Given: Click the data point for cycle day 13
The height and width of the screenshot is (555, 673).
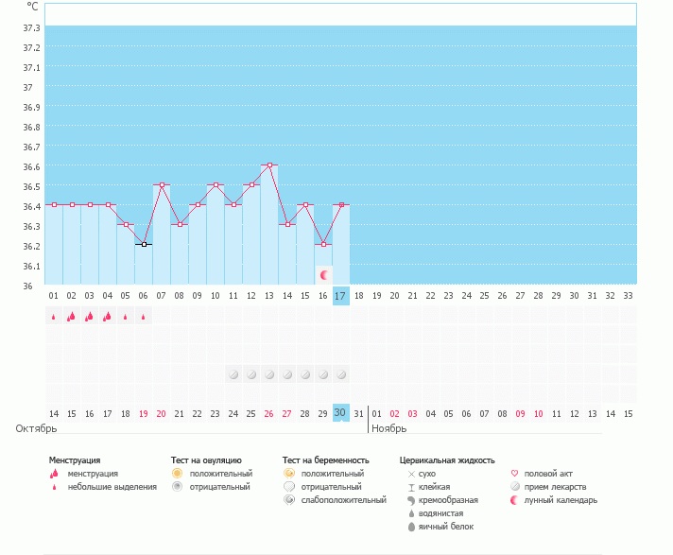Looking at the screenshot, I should pyautogui.click(x=269, y=165).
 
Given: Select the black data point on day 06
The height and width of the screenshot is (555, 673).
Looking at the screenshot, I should pyautogui.click(x=144, y=244).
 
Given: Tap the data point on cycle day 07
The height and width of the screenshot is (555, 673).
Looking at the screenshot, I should pyautogui.click(x=162, y=184).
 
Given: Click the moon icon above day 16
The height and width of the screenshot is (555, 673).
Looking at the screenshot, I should pyautogui.click(x=323, y=274).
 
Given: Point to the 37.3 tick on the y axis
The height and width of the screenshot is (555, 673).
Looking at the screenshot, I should pyautogui.click(x=31, y=47).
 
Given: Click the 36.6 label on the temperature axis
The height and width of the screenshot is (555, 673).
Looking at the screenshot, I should pyautogui.click(x=31, y=166).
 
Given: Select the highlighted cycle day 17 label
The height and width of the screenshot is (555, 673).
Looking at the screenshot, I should pyautogui.click(x=341, y=296).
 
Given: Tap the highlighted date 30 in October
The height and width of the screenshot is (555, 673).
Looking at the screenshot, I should pyautogui.click(x=341, y=412).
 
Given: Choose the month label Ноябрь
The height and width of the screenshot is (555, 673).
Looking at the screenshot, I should pyautogui.click(x=388, y=428).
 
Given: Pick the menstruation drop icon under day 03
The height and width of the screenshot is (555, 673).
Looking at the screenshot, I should pyautogui.click(x=90, y=317).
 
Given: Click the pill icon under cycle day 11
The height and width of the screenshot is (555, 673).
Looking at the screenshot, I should pyautogui.click(x=233, y=374).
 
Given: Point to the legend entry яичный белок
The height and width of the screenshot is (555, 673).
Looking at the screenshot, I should pyautogui.click(x=440, y=526).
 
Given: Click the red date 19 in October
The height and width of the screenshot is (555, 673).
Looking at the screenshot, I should pyautogui.click(x=144, y=413).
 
